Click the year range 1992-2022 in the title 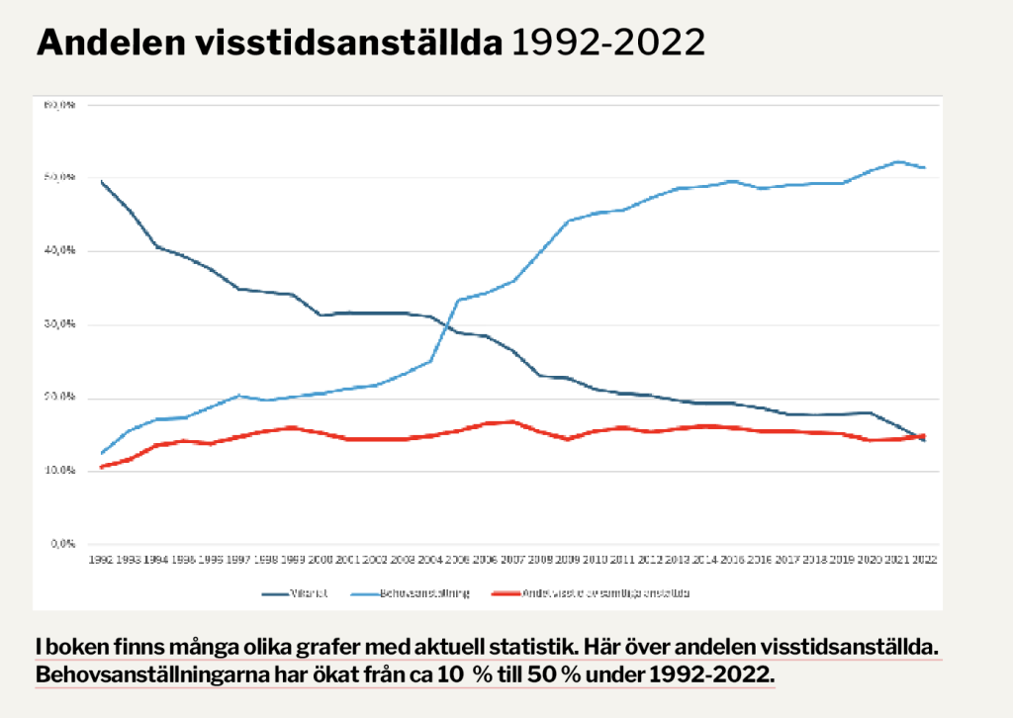607,43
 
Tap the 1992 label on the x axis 100,559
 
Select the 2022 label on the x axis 924,559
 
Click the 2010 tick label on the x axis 595,559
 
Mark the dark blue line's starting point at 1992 101,181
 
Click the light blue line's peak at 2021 897,161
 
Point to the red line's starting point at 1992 101,467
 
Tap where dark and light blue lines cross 447,323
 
